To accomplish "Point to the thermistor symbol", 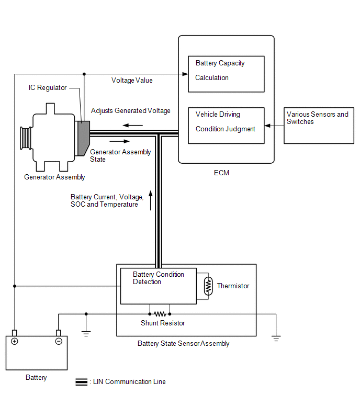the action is [x=208, y=286].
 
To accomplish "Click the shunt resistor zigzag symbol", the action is [x=160, y=314].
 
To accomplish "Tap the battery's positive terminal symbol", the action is [x=15, y=341].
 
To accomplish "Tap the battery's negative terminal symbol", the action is [x=59, y=341].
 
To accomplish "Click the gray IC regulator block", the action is [x=83, y=138].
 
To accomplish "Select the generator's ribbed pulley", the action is [x=26, y=138].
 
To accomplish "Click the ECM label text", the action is [x=221, y=173].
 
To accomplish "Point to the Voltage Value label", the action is [x=132, y=81].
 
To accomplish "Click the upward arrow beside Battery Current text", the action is [x=151, y=200].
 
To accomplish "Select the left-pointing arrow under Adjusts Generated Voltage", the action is [x=133, y=125].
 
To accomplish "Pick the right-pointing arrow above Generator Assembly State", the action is [x=120, y=141].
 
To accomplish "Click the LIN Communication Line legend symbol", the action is [x=82, y=382].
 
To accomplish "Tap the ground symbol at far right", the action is [x=276, y=338].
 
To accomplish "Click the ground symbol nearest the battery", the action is [x=86, y=334].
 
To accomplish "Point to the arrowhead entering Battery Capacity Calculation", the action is [x=185, y=74].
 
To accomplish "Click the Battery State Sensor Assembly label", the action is [x=183, y=344].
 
